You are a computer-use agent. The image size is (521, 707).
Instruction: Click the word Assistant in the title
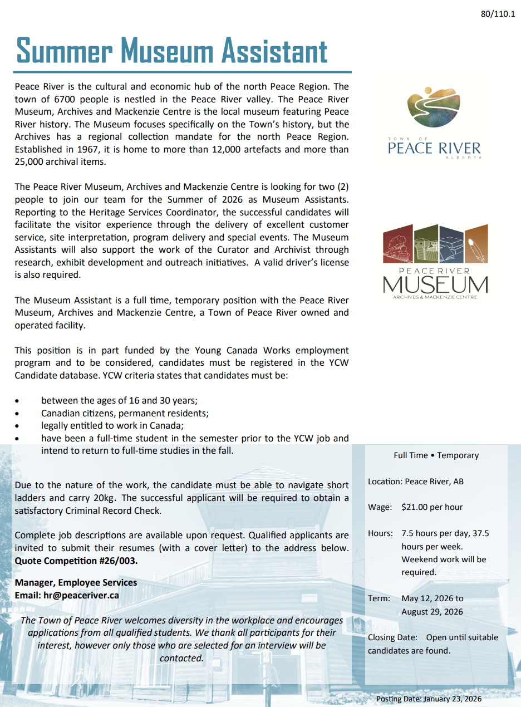[x=274, y=51]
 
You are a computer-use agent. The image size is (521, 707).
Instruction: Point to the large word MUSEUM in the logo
[x=435, y=284]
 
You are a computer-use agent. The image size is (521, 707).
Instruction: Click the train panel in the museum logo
[x=397, y=244]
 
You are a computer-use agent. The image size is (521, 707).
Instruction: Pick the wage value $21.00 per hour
[x=432, y=507]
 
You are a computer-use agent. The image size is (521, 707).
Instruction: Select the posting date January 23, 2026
[x=452, y=699]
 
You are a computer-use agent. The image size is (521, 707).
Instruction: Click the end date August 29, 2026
[x=432, y=612]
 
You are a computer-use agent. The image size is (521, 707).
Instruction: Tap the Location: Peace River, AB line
[x=416, y=482]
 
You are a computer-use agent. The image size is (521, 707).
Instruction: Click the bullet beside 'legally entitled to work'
[x=18, y=426]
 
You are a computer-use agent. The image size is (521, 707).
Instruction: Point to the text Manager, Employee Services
[x=76, y=582]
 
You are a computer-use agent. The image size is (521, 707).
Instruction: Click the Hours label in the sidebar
[x=380, y=533]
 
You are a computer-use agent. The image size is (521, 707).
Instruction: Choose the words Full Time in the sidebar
[x=411, y=455]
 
